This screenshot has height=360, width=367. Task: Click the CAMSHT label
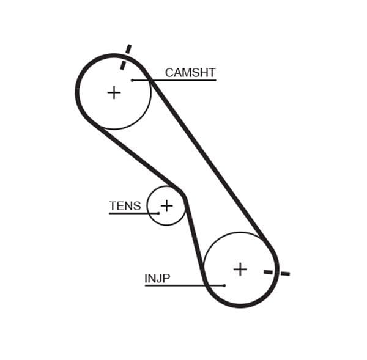click(x=190, y=73)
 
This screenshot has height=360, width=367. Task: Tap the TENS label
click(x=125, y=206)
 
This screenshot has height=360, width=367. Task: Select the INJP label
click(x=157, y=279)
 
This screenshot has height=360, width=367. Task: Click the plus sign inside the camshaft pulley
click(x=114, y=92)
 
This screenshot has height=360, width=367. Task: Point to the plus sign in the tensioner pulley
click(x=166, y=205)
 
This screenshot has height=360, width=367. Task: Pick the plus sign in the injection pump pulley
click(x=240, y=269)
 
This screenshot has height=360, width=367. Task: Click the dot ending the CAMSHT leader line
click(x=132, y=80)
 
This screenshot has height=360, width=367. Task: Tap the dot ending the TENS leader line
click(x=158, y=213)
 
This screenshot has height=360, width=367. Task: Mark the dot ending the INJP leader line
click(x=224, y=285)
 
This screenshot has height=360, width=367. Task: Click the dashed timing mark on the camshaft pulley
click(x=125, y=57)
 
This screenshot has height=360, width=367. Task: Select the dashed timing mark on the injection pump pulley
click(x=276, y=272)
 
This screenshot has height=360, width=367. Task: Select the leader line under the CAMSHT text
click(x=183, y=80)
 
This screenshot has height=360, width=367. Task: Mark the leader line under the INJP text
click(x=177, y=285)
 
